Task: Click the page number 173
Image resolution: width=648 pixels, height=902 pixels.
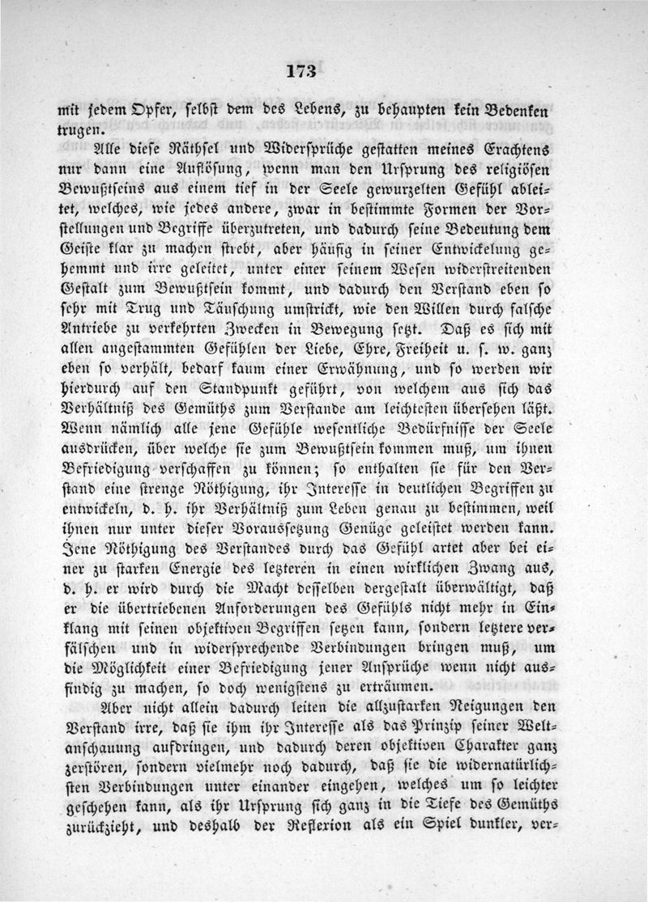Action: click(x=300, y=70)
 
